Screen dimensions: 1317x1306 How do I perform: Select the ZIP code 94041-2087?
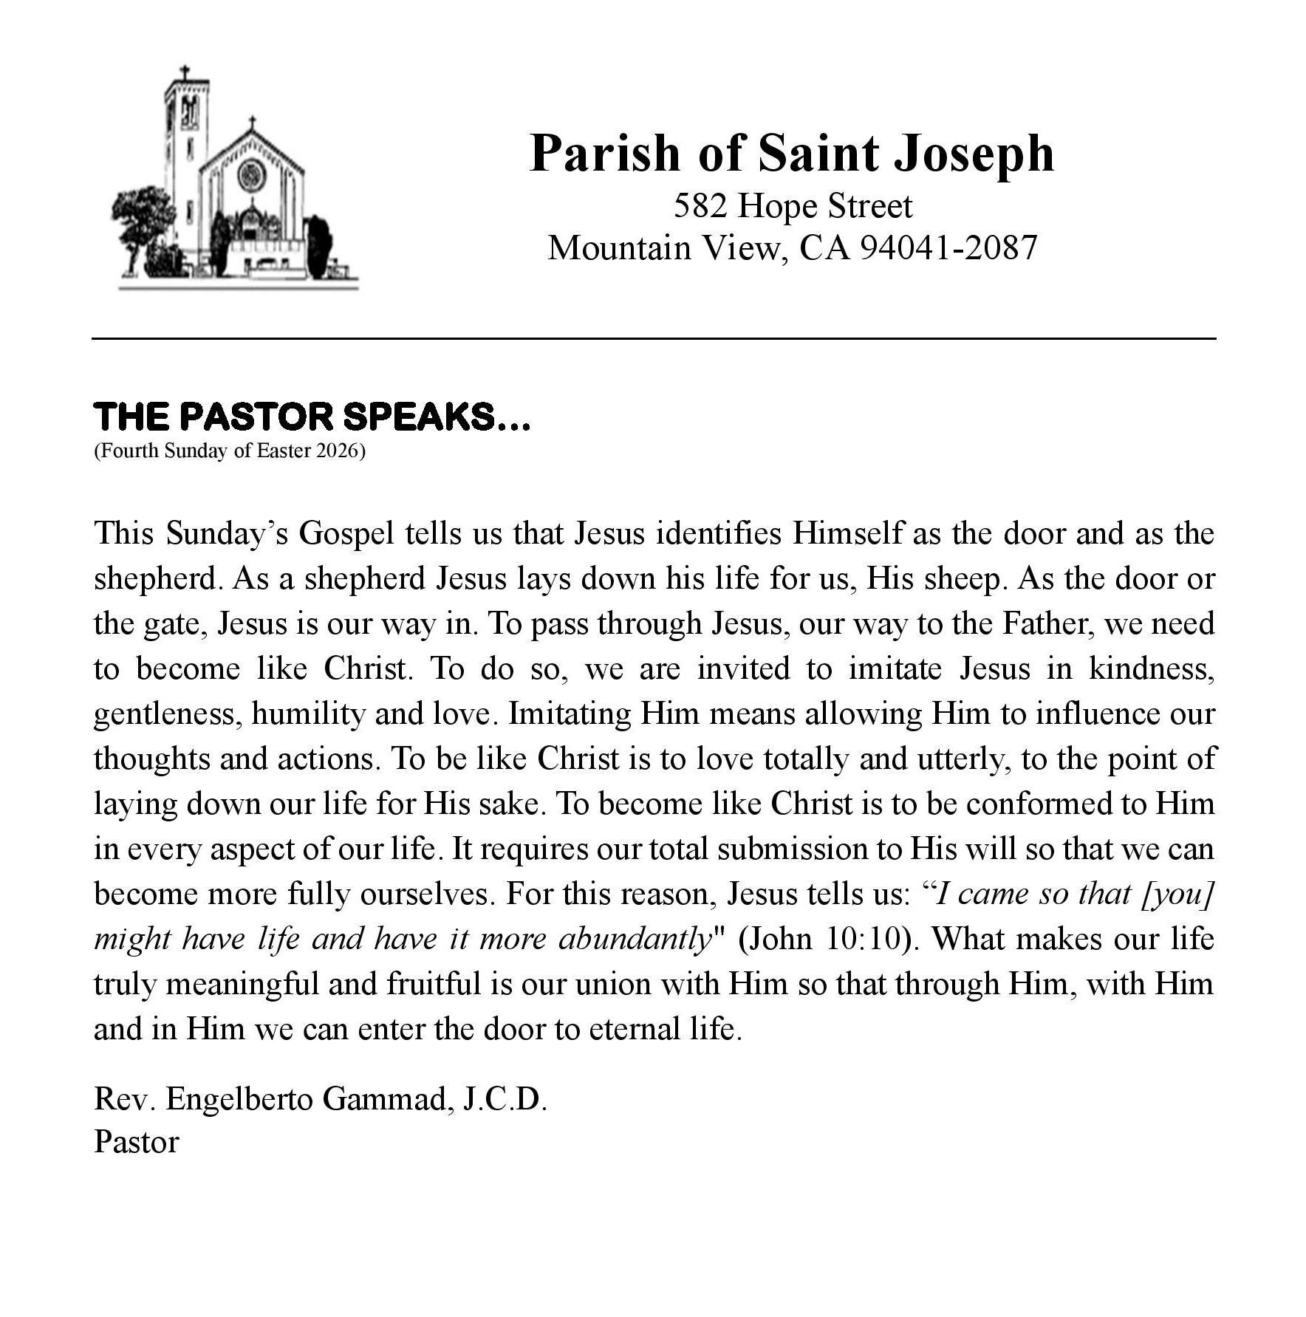(x=949, y=248)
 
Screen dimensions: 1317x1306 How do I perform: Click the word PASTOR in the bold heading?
(x=256, y=417)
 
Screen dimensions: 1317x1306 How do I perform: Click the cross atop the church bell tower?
(x=185, y=74)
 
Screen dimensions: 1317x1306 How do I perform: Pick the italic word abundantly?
(x=635, y=939)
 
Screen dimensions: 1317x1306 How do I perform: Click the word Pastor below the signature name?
(x=137, y=1142)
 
